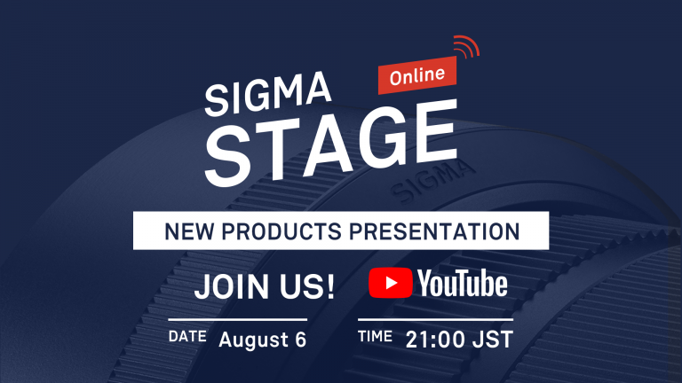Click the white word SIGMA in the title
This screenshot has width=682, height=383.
(266, 98)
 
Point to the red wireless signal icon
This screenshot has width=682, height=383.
(464, 46)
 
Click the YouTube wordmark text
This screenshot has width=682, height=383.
(462, 285)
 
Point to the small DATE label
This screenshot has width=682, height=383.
(187, 336)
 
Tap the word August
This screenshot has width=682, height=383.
(253, 339)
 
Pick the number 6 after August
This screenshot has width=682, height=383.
(300, 339)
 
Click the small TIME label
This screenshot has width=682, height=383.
(376, 336)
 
